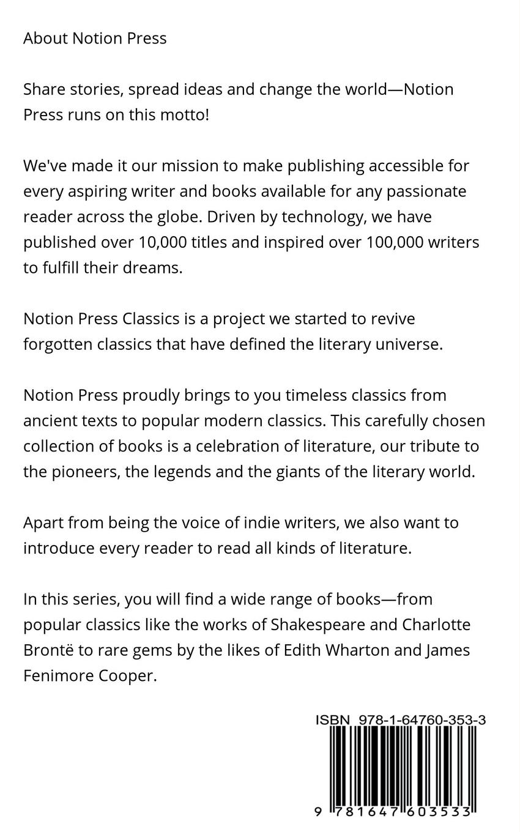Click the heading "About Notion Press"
(x=95, y=39)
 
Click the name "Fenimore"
(x=58, y=676)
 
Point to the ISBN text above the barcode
(x=401, y=720)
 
